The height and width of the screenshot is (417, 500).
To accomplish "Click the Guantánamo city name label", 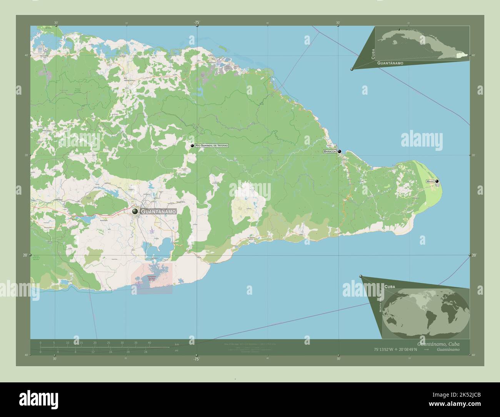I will (158, 212).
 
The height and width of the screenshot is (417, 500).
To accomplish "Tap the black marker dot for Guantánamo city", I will (135, 212).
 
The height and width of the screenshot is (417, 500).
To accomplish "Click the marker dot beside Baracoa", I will (340, 152).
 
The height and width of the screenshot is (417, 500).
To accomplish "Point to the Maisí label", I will (430, 181).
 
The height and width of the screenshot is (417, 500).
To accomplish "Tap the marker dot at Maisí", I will (437, 181).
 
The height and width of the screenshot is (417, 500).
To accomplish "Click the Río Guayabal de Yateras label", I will (212, 146).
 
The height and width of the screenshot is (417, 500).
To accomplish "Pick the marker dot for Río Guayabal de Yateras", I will (192, 146).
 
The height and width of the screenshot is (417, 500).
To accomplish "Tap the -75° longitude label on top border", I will (197, 23).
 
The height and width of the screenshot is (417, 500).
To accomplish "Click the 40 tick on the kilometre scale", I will (149, 342).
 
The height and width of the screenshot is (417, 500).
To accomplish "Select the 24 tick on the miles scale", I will (146, 352).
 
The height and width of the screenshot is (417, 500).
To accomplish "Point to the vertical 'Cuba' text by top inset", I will (373, 53).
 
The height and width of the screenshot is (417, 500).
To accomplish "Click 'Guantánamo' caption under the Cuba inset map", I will (390, 63).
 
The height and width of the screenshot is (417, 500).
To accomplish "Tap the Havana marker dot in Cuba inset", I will (399, 30).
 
